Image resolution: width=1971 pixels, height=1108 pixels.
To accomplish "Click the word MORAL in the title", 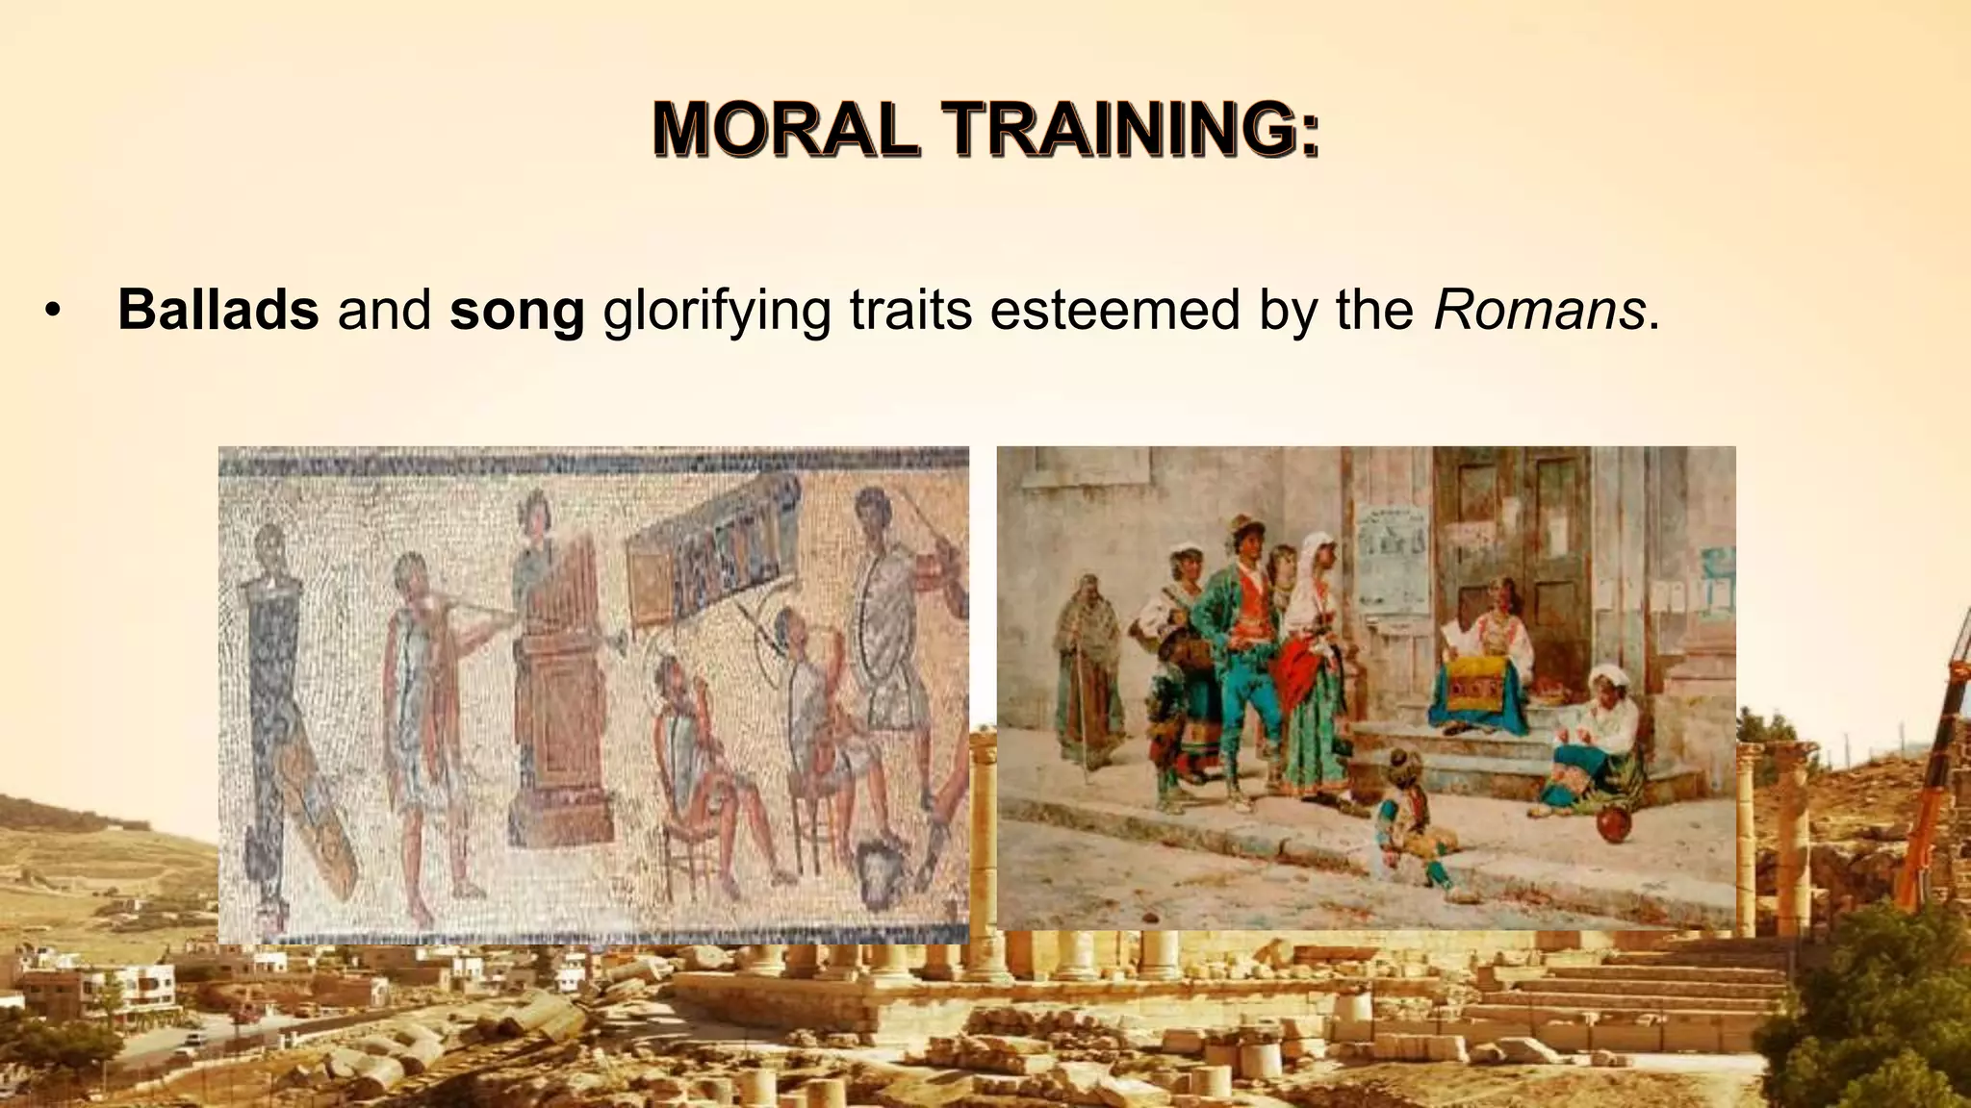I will (785, 130).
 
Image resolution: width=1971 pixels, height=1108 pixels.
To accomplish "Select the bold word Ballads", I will (218, 310).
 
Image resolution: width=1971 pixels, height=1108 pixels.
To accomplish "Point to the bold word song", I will (517, 312).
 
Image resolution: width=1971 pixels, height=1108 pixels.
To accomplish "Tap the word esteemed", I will (1114, 310).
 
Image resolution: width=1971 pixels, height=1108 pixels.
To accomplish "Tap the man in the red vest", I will (1240, 654).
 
